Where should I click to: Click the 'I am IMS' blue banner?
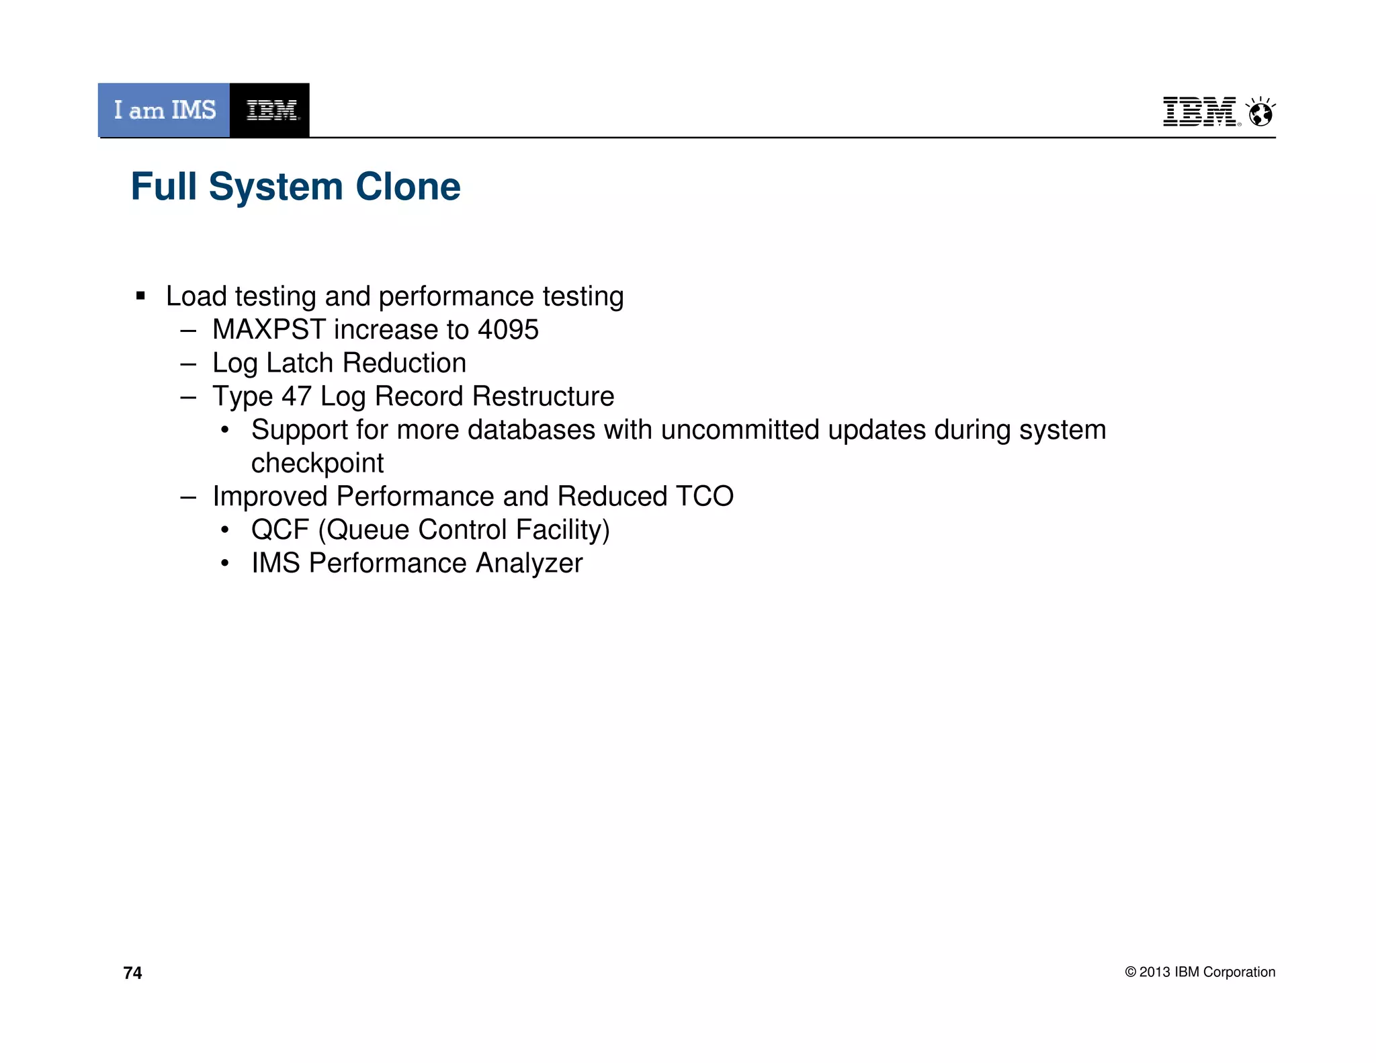(164, 110)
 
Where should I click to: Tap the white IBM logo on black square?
(270, 110)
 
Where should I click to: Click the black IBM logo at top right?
(1200, 112)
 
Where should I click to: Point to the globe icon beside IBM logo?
(1260, 112)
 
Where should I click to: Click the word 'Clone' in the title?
(408, 187)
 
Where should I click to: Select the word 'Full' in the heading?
(164, 187)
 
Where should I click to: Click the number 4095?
(508, 330)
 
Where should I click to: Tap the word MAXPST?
(269, 330)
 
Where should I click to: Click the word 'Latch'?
(300, 364)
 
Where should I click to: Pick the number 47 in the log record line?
(296, 396)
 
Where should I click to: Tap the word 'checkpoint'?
(317, 464)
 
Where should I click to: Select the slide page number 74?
(132, 973)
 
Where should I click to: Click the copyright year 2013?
(1154, 972)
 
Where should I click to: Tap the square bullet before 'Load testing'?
(140, 296)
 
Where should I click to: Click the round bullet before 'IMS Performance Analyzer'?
(225, 563)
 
